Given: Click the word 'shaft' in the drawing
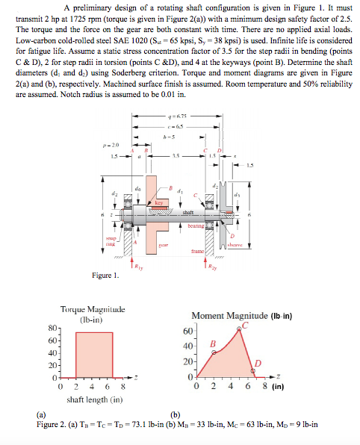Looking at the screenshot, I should click(x=189, y=213).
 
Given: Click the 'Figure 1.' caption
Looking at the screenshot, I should click(x=105, y=276).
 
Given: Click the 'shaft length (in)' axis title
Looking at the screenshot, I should click(x=92, y=399).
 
